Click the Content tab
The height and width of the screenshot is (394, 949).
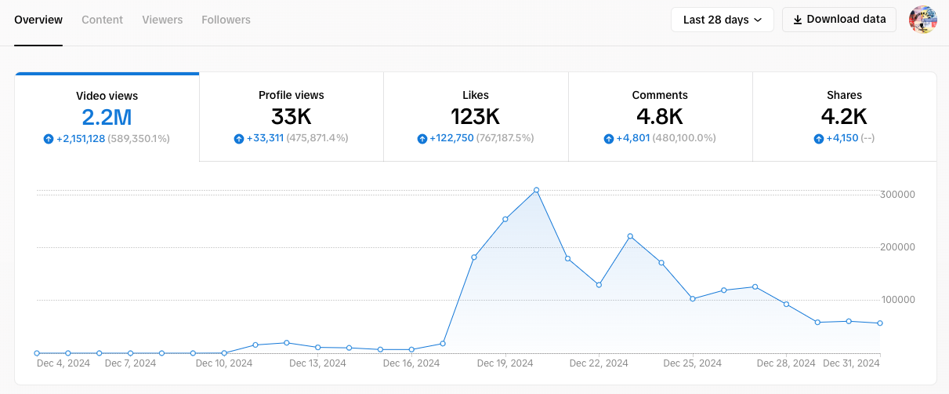[x=102, y=20]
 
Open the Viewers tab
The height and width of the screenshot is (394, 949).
[x=162, y=20]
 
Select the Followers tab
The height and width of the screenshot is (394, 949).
[x=226, y=20]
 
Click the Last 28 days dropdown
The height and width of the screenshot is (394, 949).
[x=722, y=20]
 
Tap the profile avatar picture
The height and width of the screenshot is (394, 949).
[x=922, y=20]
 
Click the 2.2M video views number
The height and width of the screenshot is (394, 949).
[x=107, y=118]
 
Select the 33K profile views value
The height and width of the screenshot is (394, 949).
[x=292, y=117]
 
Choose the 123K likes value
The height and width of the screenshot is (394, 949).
[x=476, y=117]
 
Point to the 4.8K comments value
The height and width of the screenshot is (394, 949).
[x=660, y=117]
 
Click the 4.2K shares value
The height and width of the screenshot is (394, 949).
[x=844, y=117]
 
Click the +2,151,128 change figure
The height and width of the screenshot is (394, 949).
[x=81, y=139]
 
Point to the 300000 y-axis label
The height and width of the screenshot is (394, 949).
[x=898, y=195]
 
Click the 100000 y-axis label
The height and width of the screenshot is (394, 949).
[x=898, y=300]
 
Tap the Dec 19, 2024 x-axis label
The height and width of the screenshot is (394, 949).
[x=505, y=363]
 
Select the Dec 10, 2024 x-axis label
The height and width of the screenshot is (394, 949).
[x=224, y=363]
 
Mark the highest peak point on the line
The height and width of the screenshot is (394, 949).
[x=536, y=190]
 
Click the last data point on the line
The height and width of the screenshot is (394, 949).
[x=880, y=323]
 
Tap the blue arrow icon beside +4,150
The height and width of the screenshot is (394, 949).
[x=819, y=139]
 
